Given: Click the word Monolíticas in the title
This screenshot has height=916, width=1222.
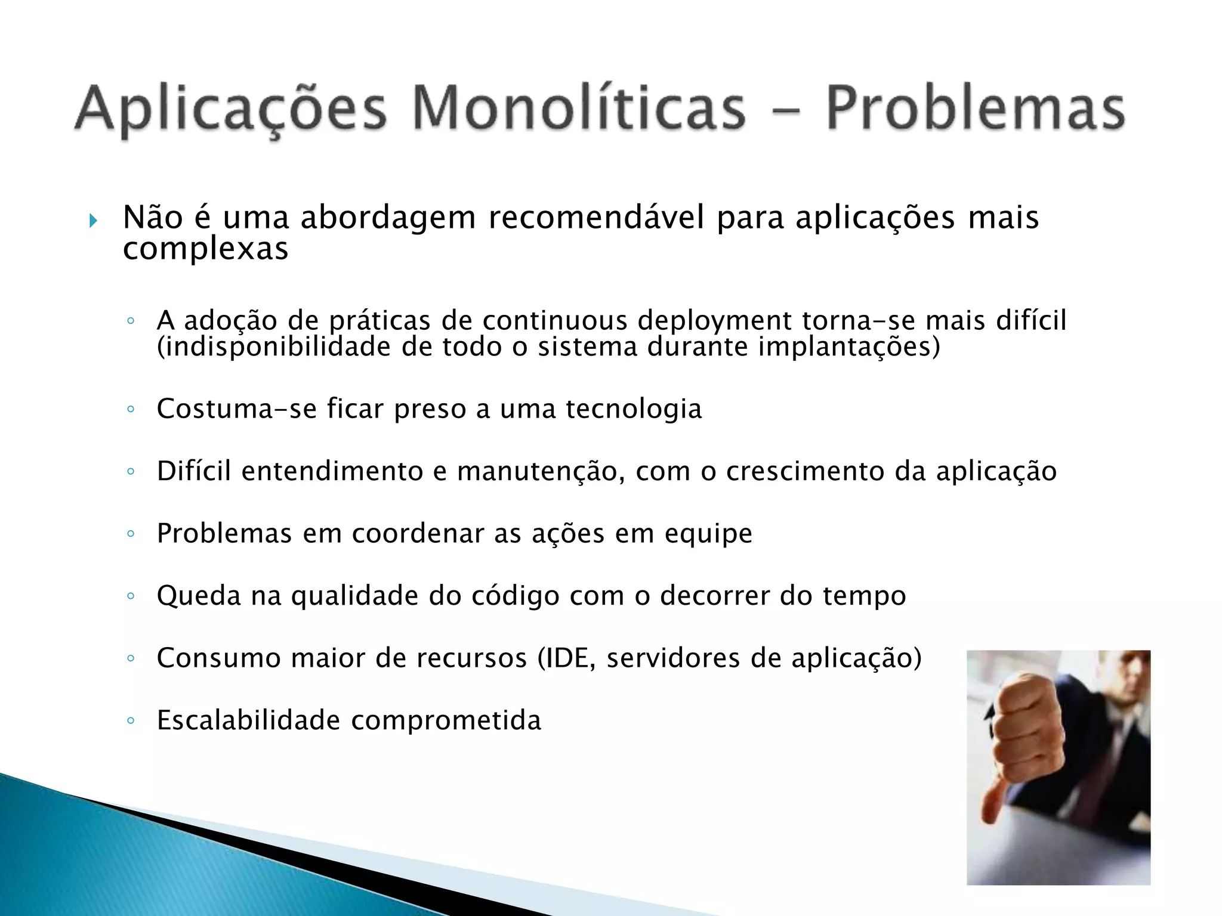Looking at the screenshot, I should [579, 109].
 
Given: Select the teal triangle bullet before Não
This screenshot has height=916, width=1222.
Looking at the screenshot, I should [93, 221].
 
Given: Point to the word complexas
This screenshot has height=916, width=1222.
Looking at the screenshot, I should [205, 249].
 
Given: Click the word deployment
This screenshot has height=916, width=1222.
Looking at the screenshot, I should [714, 321].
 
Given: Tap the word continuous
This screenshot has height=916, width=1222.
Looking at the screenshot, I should [555, 321].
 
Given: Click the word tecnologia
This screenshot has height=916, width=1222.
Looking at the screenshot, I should [634, 409].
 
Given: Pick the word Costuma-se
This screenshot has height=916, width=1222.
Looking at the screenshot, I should [236, 409].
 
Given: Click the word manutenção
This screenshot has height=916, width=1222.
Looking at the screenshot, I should [541, 472].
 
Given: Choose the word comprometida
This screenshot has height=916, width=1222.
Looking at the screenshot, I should [446, 721].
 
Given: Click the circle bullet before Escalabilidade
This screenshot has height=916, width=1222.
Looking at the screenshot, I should [131, 720].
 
